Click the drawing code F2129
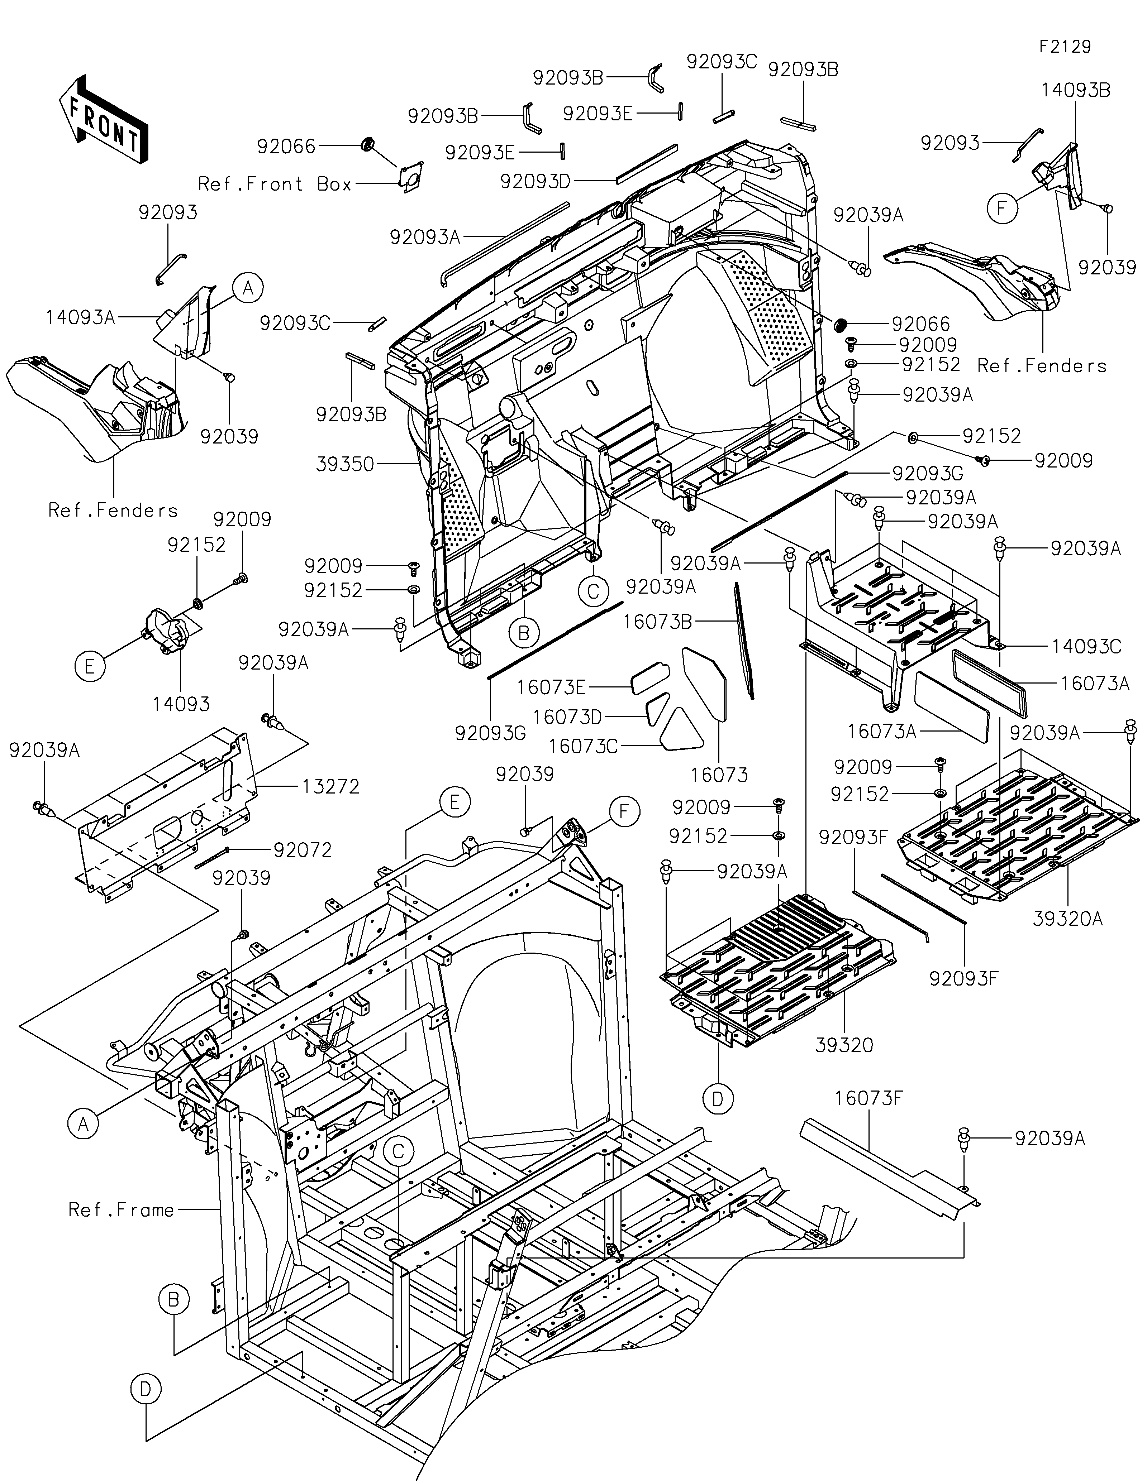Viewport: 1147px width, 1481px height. pyautogui.click(x=1065, y=47)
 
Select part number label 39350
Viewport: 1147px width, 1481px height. pyautogui.click(x=345, y=465)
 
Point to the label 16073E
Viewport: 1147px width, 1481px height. pyautogui.click(x=551, y=687)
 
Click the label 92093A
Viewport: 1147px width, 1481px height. pyautogui.click(x=425, y=237)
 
